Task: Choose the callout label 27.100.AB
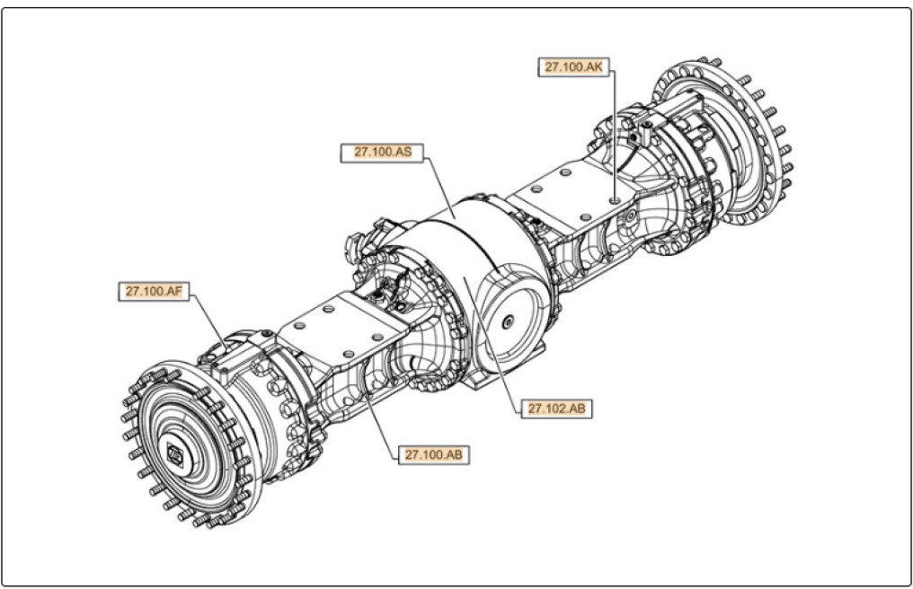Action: pyautogui.click(x=433, y=454)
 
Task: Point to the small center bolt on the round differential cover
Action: pyautogui.click(x=509, y=322)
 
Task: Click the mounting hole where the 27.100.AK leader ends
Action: pyautogui.click(x=613, y=199)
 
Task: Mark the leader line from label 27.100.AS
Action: pyautogui.click(x=440, y=184)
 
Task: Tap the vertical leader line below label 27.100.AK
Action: pyautogui.click(x=613, y=135)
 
